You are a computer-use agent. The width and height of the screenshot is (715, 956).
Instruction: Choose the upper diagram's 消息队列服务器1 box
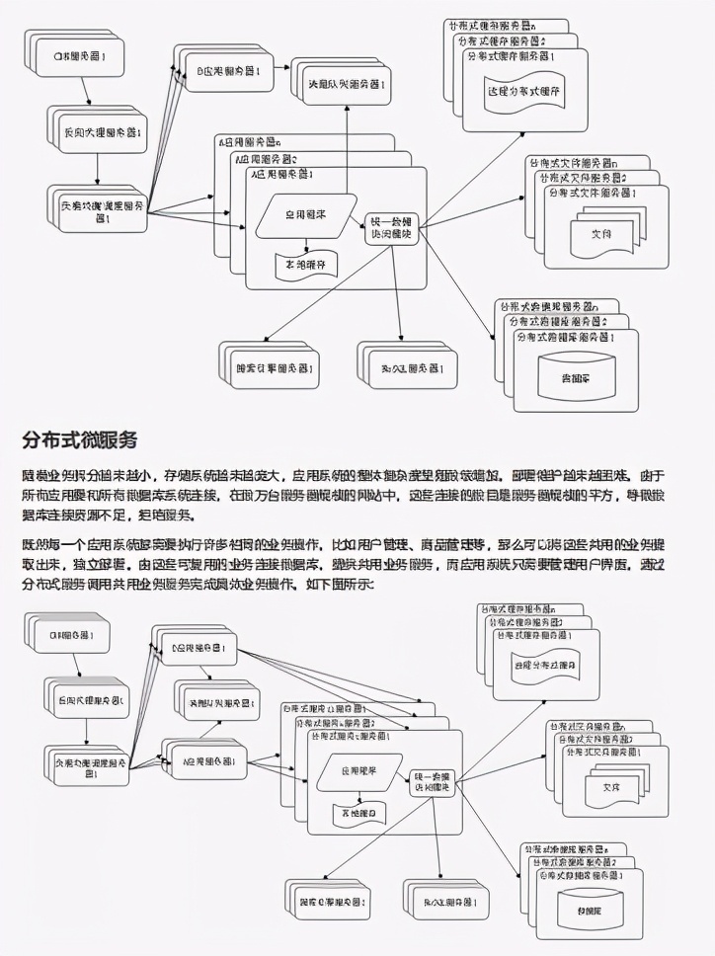(341, 83)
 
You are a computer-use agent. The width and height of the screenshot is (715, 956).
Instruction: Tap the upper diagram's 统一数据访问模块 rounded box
(393, 230)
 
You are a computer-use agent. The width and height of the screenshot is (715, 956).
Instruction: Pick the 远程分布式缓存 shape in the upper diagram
(523, 91)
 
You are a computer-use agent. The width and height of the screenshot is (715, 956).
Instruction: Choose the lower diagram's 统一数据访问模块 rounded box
(432, 779)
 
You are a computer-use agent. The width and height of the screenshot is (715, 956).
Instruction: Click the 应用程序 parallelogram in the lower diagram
(358, 770)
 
